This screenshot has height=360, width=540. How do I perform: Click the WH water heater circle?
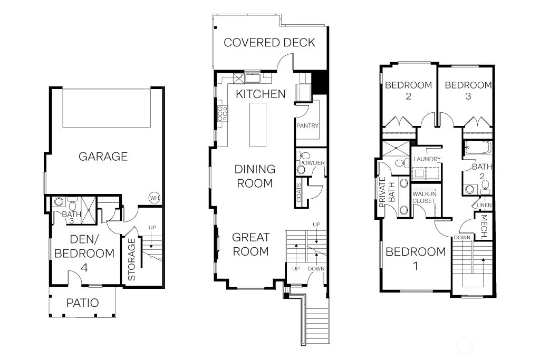tap(155, 198)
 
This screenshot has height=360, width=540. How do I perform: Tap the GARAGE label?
tap(103, 157)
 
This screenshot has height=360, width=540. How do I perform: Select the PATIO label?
tap(83, 303)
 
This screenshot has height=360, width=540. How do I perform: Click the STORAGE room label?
tap(131, 259)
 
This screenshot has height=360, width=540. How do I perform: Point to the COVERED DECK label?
tap(269, 43)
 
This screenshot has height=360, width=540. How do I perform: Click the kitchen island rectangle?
tap(257, 124)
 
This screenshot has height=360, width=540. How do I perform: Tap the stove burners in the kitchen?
tap(223, 113)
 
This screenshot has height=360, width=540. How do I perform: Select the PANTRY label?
tap(307, 125)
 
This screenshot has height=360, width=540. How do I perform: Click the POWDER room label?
tap(312, 163)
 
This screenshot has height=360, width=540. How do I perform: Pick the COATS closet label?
tap(299, 192)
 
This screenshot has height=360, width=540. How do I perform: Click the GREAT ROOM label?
tap(250, 245)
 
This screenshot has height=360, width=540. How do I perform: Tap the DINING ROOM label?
tap(255, 176)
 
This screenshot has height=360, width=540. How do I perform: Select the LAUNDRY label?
tap(427, 159)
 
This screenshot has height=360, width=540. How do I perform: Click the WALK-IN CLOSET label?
tap(425, 198)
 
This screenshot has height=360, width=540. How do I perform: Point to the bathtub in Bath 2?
tap(477, 147)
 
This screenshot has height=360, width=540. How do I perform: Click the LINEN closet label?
tap(484, 205)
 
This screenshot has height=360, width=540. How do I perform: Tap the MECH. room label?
tap(484, 227)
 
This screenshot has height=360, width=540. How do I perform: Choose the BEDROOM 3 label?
tap(468, 91)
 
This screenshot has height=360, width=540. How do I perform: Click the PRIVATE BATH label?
tap(387, 192)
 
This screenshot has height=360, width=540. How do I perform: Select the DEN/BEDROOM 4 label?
tap(84, 254)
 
